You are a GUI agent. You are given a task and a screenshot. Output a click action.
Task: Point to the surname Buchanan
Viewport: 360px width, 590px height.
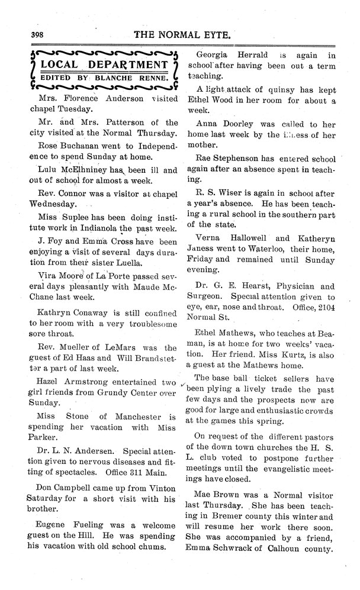(x=81, y=145)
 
